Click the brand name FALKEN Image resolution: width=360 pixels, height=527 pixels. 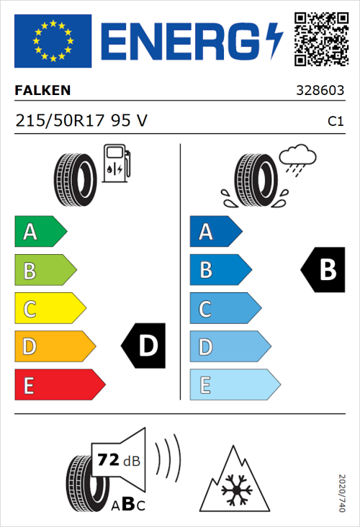coord(43,91)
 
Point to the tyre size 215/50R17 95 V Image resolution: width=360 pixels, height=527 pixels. coord(81,121)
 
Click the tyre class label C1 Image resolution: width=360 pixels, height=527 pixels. coord(335,122)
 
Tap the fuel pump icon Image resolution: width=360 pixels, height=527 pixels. coord(115,163)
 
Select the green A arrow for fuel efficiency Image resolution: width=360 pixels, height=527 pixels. coord(40,232)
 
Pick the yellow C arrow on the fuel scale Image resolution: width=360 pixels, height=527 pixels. coord(49,310)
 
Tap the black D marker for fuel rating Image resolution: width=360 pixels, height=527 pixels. coord(144,346)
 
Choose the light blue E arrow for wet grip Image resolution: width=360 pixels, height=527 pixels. coord(233,385)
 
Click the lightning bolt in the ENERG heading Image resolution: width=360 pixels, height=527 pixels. coord(274,41)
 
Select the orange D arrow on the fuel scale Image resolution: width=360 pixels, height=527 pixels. coord(53,347)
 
